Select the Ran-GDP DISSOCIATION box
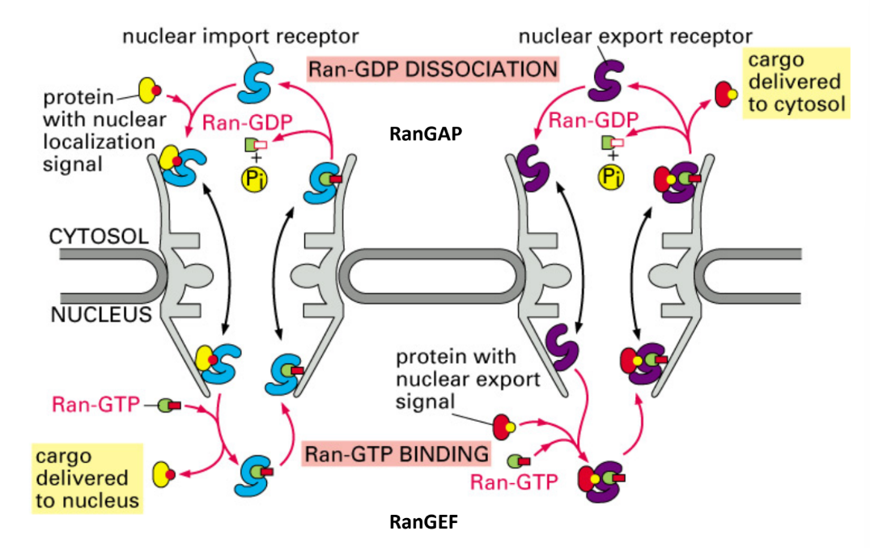[433, 69]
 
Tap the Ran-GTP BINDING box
[397, 453]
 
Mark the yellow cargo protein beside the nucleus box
[164, 471]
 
